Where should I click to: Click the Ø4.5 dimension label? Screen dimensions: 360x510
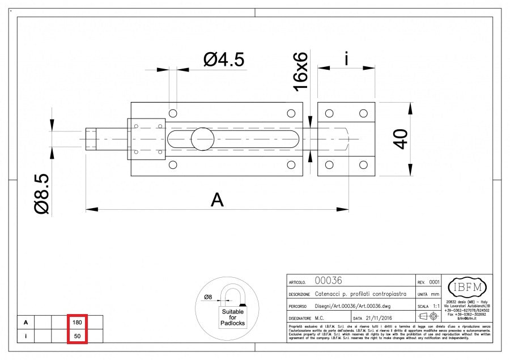pos(224,58)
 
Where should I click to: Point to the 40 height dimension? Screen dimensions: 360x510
pos(401,138)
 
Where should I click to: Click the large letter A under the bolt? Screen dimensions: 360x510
pos(216,200)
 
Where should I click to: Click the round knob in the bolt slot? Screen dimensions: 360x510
pos(202,139)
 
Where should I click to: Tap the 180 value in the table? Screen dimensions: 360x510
pos(77,322)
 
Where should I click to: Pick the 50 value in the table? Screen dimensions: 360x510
pos(77,336)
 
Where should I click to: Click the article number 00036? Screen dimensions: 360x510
pos(328,281)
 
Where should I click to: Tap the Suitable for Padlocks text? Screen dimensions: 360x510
pos(233,317)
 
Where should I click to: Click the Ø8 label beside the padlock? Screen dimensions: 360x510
pos(208,297)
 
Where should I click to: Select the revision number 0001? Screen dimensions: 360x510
pos(434,281)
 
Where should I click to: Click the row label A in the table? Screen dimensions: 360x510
pos(25,322)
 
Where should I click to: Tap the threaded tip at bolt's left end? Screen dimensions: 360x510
pos(91,139)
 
